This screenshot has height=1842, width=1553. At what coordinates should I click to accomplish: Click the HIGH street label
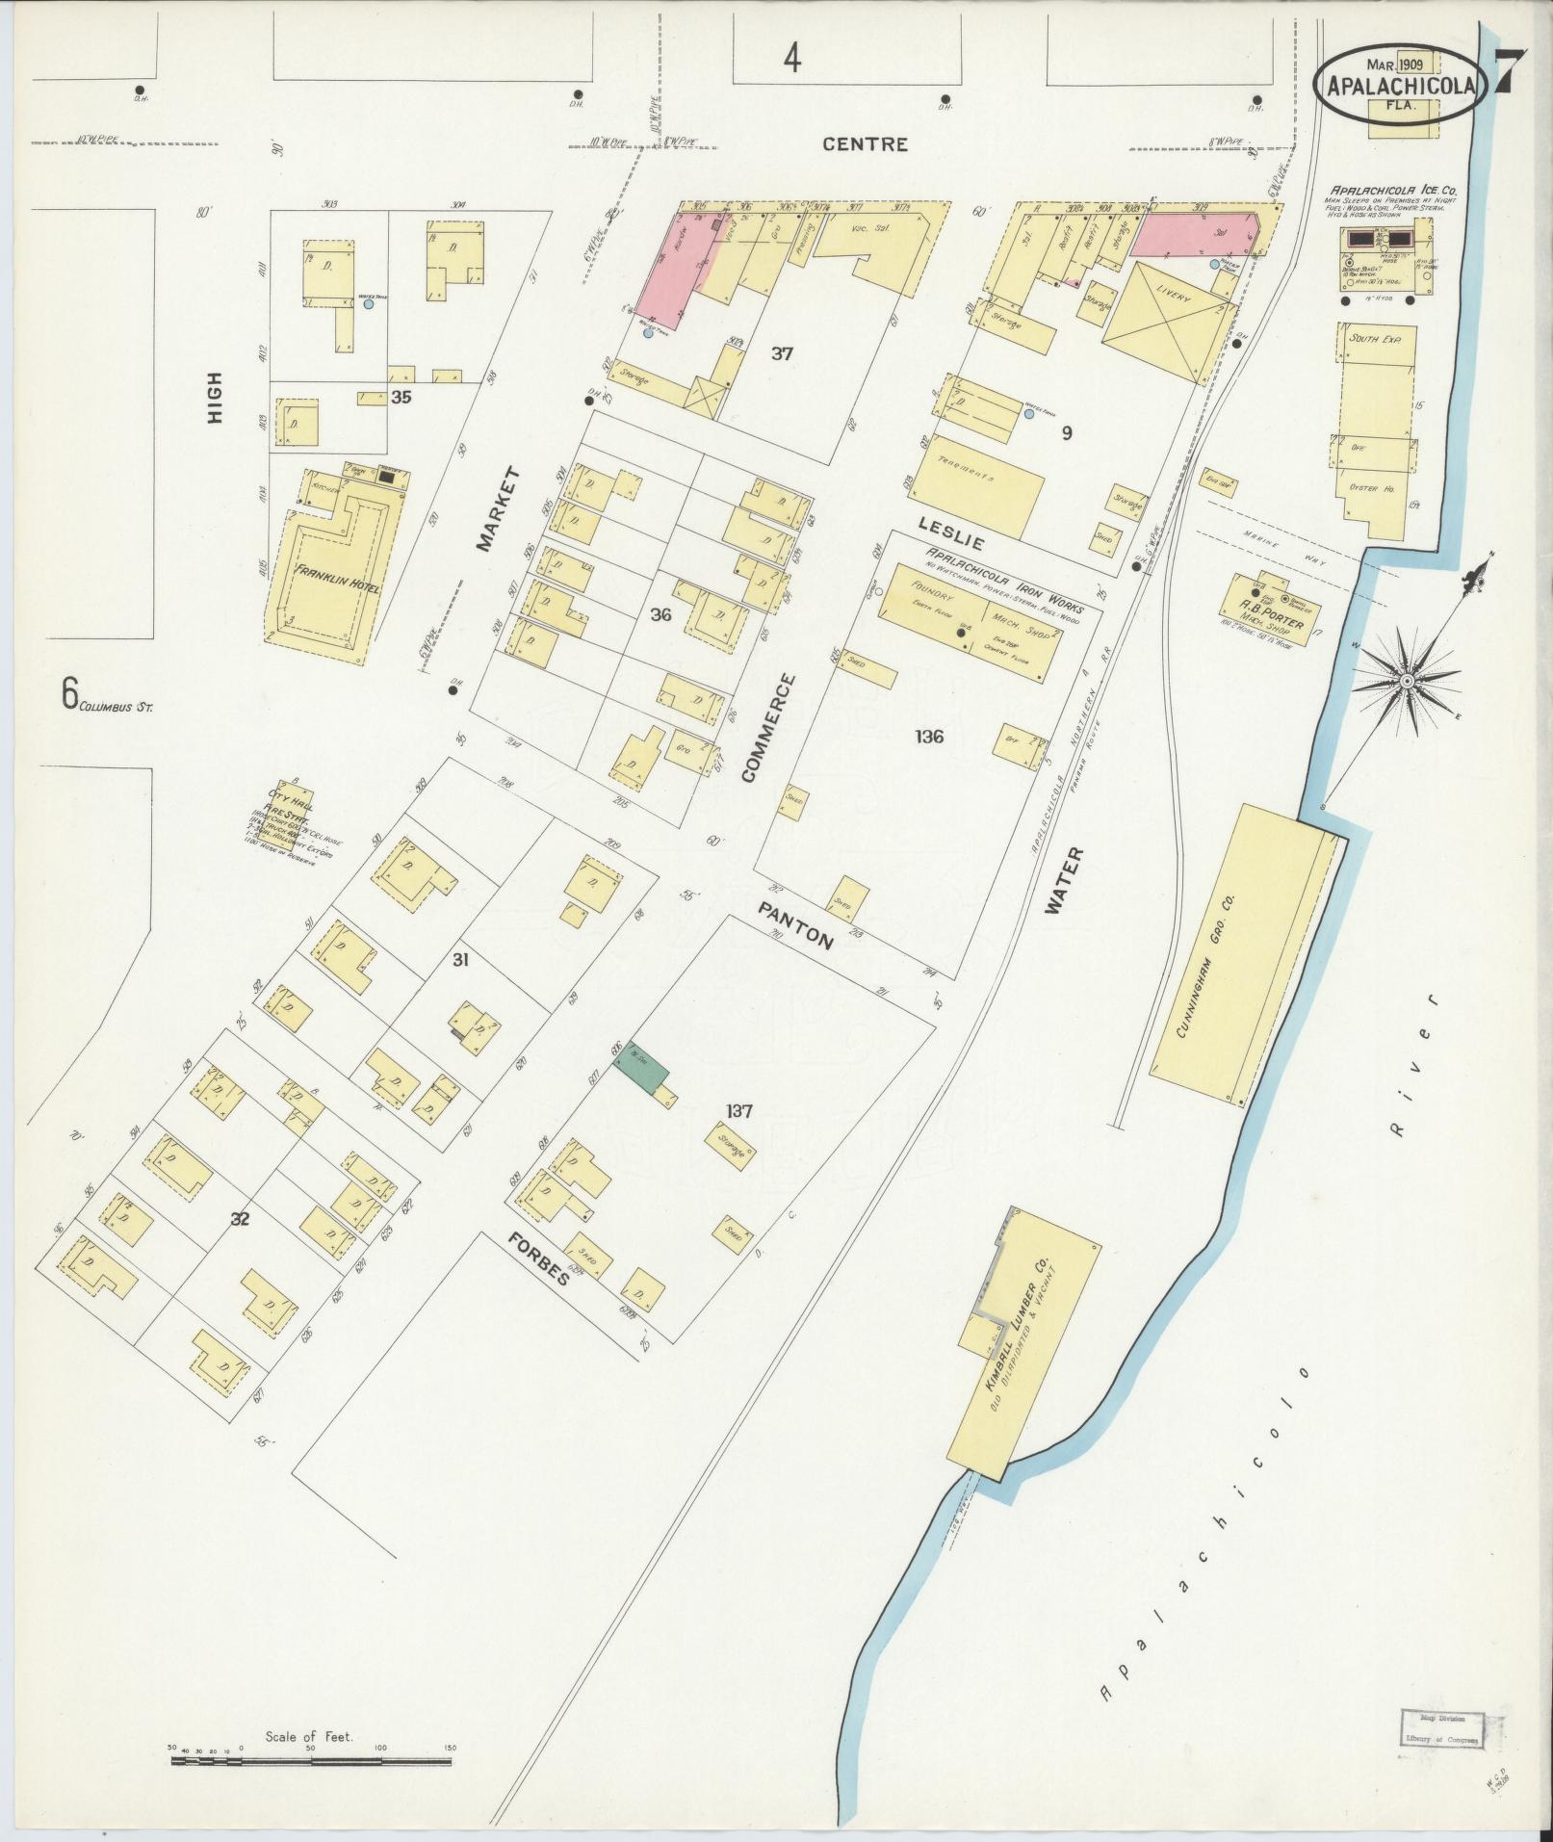[x=214, y=398]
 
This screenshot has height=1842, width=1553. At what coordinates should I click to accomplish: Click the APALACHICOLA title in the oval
[x=1401, y=86]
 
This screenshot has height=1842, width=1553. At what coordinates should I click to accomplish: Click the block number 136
[x=929, y=738]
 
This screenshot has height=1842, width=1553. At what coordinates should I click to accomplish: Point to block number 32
[x=240, y=1218]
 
